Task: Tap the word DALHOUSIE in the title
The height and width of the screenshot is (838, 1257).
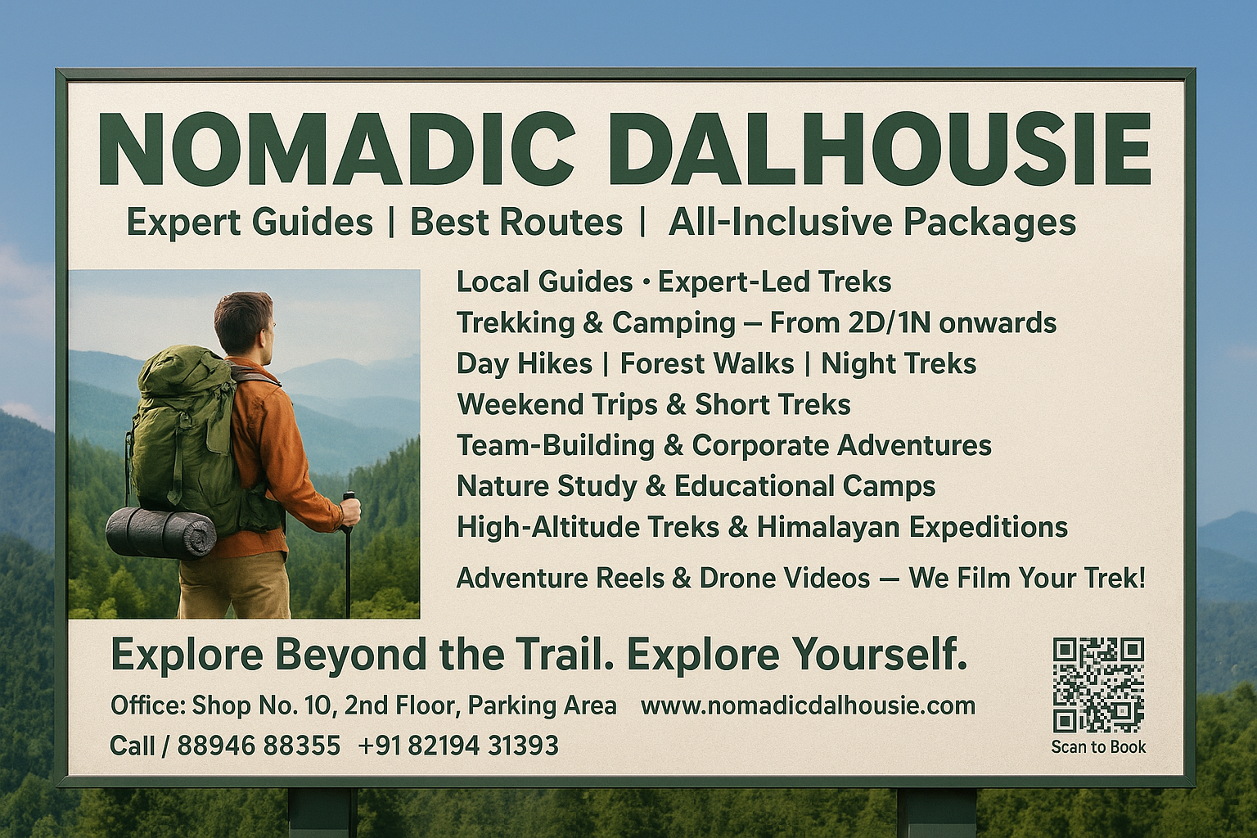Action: click(886, 148)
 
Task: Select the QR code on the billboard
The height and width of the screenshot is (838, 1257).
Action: click(1098, 685)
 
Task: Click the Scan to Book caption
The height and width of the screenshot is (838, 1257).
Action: click(1098, 747)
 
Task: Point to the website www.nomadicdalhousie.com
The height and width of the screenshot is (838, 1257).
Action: click(808, 706)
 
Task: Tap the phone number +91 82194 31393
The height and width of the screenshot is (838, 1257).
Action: click(458, 746)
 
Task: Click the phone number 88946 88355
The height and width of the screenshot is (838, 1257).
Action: click(259, 746)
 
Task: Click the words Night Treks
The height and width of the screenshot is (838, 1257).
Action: click(899, 363)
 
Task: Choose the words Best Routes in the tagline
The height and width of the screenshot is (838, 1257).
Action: click(516, 223)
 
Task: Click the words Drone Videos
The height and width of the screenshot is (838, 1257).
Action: click(785, 578)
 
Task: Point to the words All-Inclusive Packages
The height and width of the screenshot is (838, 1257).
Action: click(872, 223)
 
